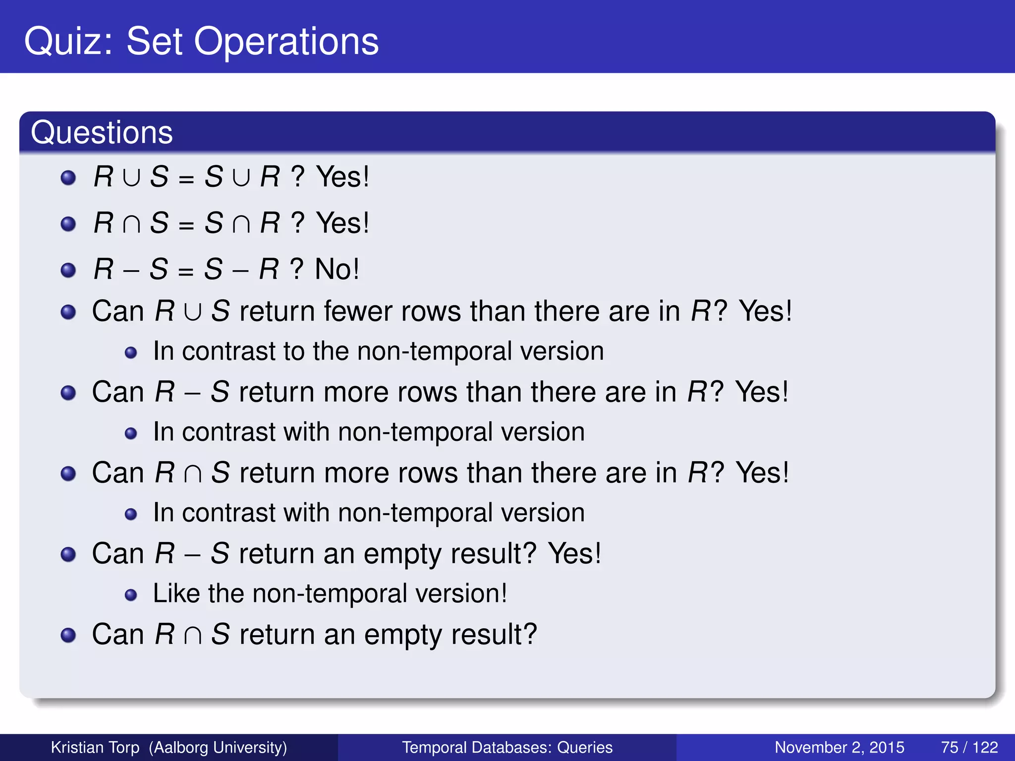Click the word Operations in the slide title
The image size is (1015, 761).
coord(286,42)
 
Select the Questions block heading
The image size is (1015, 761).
coord(102,133)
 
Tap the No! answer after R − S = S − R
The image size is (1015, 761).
coord(337,270)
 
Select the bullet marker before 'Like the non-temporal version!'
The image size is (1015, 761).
coord(131,595)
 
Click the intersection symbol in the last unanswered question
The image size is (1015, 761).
coord(192,636)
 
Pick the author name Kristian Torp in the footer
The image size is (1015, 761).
coord(95,747)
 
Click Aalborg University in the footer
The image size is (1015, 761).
coord(218,747)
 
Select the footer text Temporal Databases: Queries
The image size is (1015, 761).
coord(507,747)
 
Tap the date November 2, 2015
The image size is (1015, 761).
coord(839,747)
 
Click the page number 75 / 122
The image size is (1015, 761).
coord(969,747)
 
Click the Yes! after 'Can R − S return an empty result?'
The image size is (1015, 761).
coord(574,553)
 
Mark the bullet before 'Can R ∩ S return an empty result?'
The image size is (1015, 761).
coord(68,635)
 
